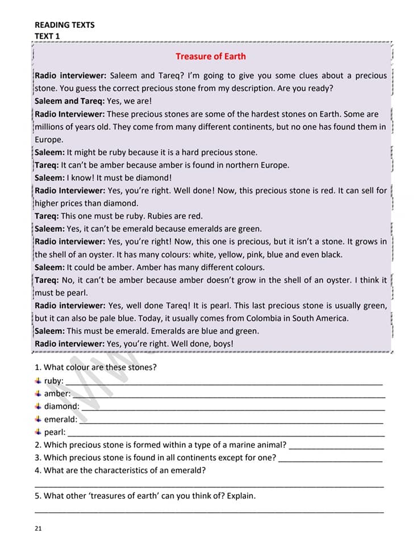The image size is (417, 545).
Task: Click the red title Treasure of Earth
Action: (x=211, y=56)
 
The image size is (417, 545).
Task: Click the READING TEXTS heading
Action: (x=65, y=25)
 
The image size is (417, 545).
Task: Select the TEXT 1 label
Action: (x=47, y=36)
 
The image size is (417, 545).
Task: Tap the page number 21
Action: (x=38, y=529)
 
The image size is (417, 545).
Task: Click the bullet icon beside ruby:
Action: (x=38, y=380)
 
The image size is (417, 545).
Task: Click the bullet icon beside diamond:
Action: (x=38, y=406)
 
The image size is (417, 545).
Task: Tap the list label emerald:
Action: (x=61, y=420)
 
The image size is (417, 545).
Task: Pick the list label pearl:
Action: (x=55, y=433)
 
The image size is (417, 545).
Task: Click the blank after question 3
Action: (x=331, y=460)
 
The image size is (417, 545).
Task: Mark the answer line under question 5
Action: (x=209, y=512)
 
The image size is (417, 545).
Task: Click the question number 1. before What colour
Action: (x=38, y=367)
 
